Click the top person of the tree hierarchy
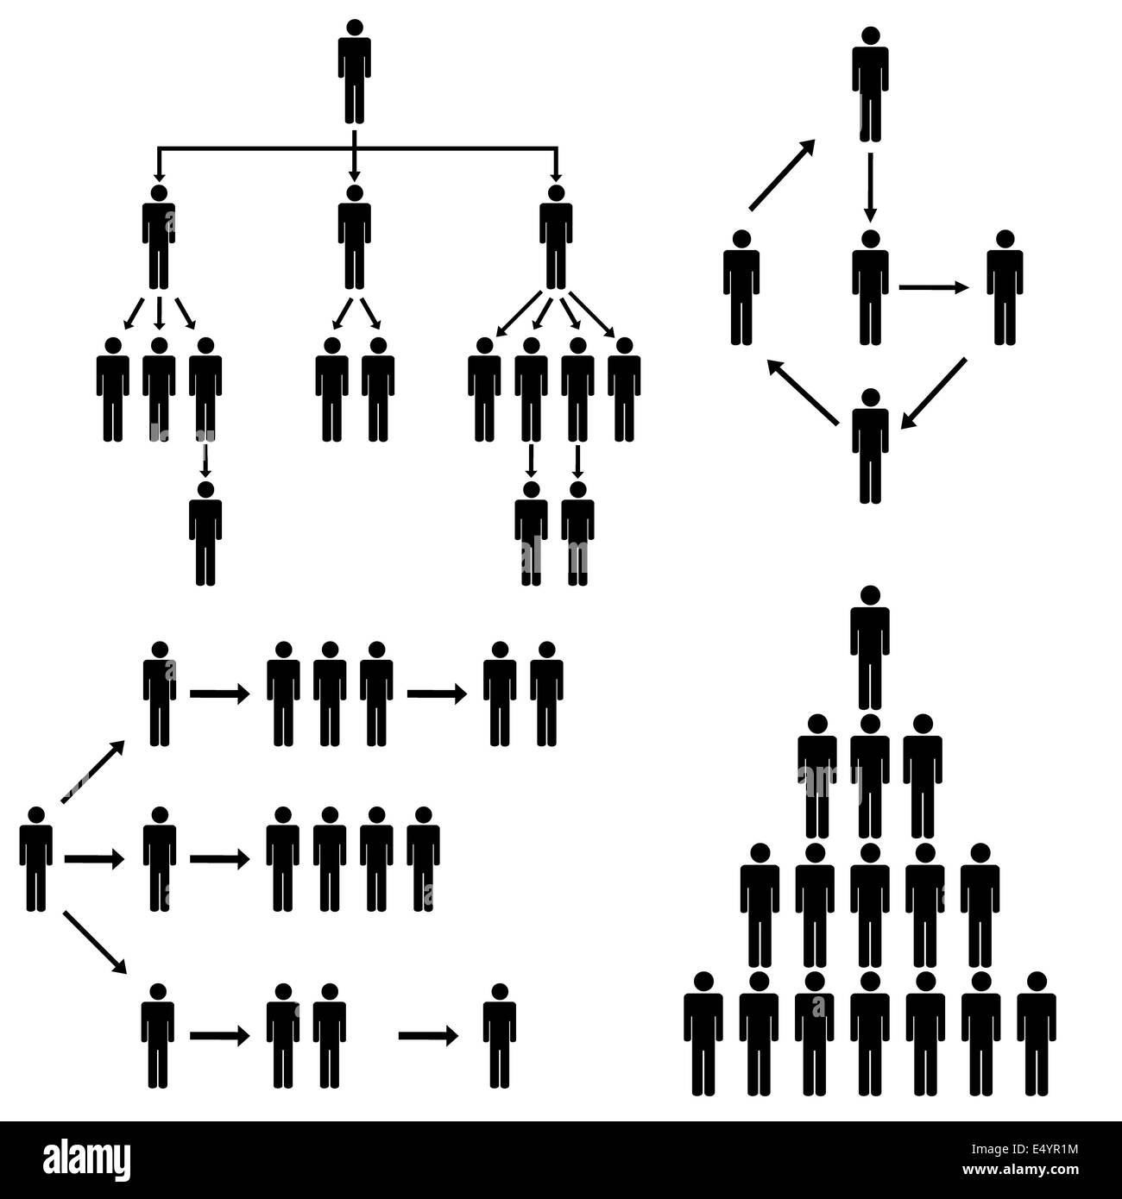354,73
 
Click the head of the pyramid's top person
870,595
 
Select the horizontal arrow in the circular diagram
934,288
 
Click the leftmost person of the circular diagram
741,288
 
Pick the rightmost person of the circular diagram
1005,288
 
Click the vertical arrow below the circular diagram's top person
870,186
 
